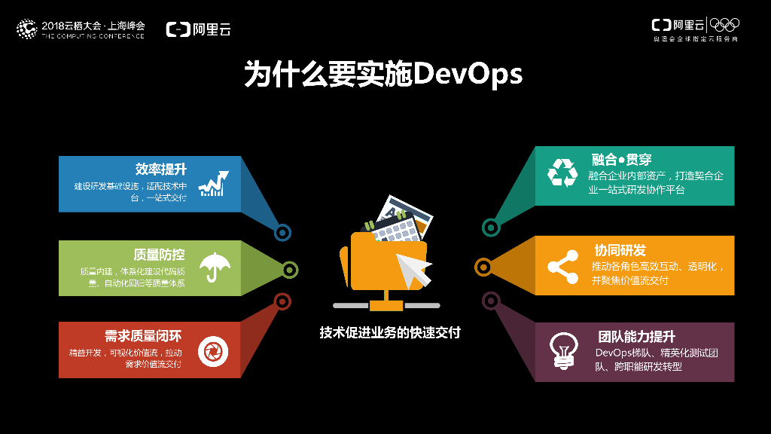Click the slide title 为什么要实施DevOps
[x=383, y=75]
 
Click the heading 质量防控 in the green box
[x=159, y=255]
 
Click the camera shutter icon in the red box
[x=213, y=351]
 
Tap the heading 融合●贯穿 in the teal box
[x=621, y=159]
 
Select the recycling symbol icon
[x=562, y=174]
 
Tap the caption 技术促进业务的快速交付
[x=389, y=332]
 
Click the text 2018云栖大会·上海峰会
[x=93, y=25]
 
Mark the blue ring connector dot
[x=283, y=233]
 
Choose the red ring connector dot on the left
[x=282, y=302]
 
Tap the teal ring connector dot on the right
[x=491, y=226]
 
